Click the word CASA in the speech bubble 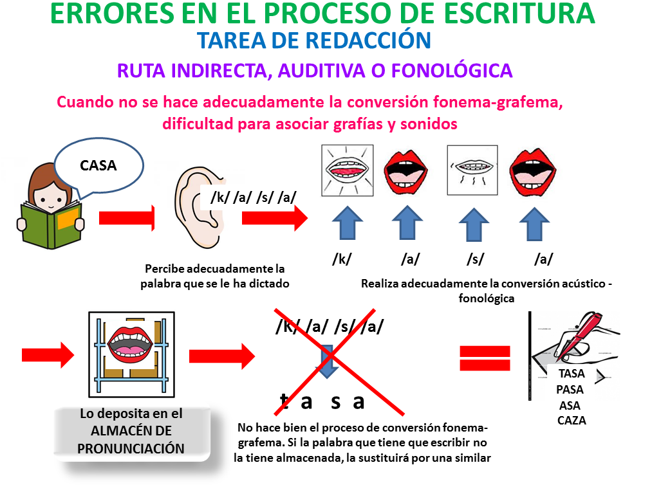click(98, 165)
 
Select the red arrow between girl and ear click(127, 218)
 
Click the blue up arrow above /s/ click(474, 224)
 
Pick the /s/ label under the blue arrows click(475, 259)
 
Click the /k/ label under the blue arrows click(342, 259)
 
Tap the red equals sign click(485, 358)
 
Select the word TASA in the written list click(572, 374)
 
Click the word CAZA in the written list click(572, 421)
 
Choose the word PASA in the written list click(570, 389)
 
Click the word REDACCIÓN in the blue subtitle click(368, 41)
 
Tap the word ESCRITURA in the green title click(519, 14)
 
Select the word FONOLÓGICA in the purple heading click(452, 71)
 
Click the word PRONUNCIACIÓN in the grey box click(131, 449)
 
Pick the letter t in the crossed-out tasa click(284, 401)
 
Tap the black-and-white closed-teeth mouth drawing click(472, 170)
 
